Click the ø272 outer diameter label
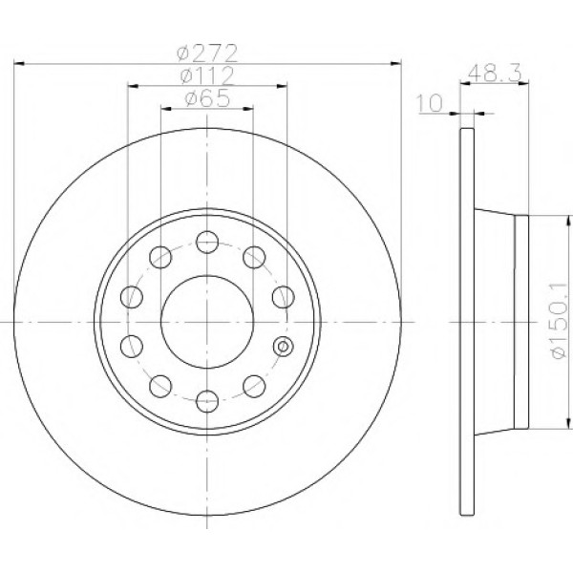207,53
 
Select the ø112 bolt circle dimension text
207,75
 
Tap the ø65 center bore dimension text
207,98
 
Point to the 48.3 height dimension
495,74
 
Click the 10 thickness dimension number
430,103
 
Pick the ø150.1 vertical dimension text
561,320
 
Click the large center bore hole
207,322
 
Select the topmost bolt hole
207,242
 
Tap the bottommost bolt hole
207,401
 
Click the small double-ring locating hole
284,346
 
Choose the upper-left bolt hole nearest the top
160,257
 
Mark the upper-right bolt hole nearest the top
254,257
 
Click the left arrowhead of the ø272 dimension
19,64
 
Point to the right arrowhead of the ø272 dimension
395,64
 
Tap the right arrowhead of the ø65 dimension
248,109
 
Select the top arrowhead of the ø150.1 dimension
568,222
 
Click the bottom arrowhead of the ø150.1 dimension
568,423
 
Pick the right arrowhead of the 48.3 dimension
523,84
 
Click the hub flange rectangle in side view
521,322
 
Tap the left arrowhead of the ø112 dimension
134,86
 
